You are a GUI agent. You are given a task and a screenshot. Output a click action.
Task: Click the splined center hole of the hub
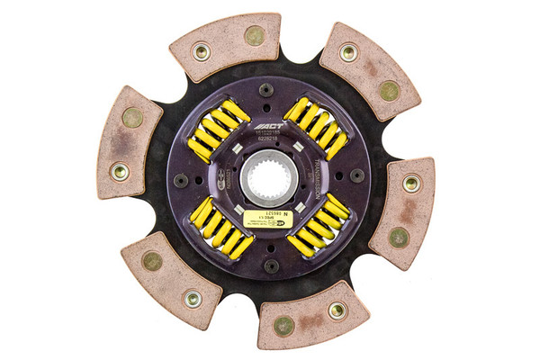tap(269, 177)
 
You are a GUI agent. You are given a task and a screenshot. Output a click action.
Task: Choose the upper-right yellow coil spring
tap(317, 128)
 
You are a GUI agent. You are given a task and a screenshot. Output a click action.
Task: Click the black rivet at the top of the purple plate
tap(266, 90)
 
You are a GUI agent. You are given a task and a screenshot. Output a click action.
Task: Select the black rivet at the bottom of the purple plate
tap(271, 265)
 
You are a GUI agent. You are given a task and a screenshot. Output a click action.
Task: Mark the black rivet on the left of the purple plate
tap(182, 180)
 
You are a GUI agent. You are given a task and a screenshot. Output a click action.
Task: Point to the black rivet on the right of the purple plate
tap(357, 176)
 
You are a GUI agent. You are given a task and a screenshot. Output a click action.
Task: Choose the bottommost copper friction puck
tap(313, 316)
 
